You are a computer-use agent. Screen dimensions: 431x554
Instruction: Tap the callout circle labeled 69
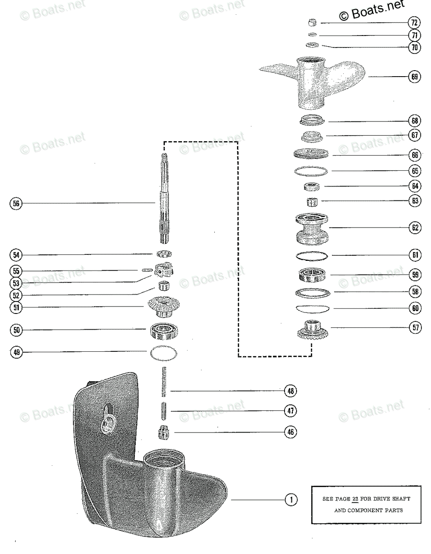coord(414,77)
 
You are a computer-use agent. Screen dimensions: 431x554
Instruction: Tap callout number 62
coord(414,227)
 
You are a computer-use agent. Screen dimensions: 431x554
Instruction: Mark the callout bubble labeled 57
coord(414,328)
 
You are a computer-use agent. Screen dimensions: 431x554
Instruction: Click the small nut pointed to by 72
coord(313,22)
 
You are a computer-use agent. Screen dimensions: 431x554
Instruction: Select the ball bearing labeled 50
coord(164,330)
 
